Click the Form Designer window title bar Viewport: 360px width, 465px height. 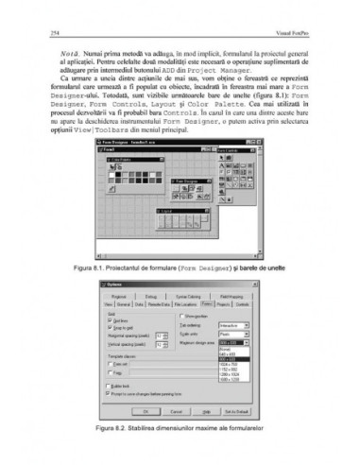[x=142, y=145]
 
